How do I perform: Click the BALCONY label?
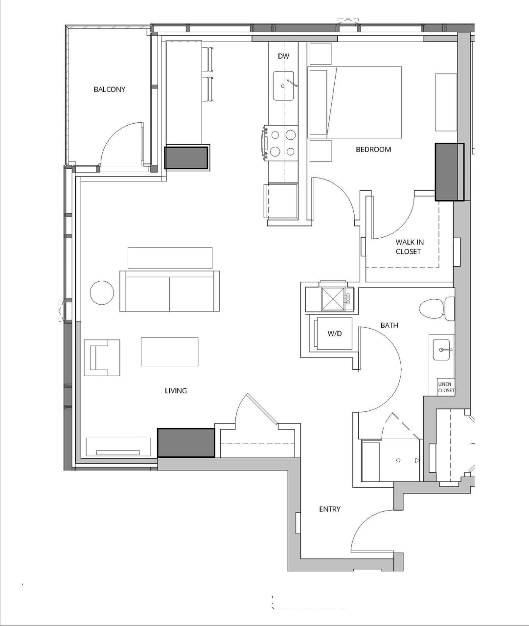point(109,89)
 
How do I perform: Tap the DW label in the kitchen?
point(283,56)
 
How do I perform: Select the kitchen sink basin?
point(283,86)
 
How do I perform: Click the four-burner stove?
point(282,143)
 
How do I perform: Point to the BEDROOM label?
point(373,149)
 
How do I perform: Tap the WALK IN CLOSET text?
point(409,246)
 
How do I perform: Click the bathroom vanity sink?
point(441,350)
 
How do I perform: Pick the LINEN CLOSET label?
point(445,387)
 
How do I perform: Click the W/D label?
point(334,334)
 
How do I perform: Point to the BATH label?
point(389,325)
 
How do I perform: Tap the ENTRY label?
point(329,509)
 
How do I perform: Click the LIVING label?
point(176,390)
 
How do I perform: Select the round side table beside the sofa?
point(102,293)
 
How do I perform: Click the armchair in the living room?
point(102,358)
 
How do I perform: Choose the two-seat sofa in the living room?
point(169,291)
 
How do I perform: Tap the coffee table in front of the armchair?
point(169,352)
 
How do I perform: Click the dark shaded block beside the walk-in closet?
point(449,172)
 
